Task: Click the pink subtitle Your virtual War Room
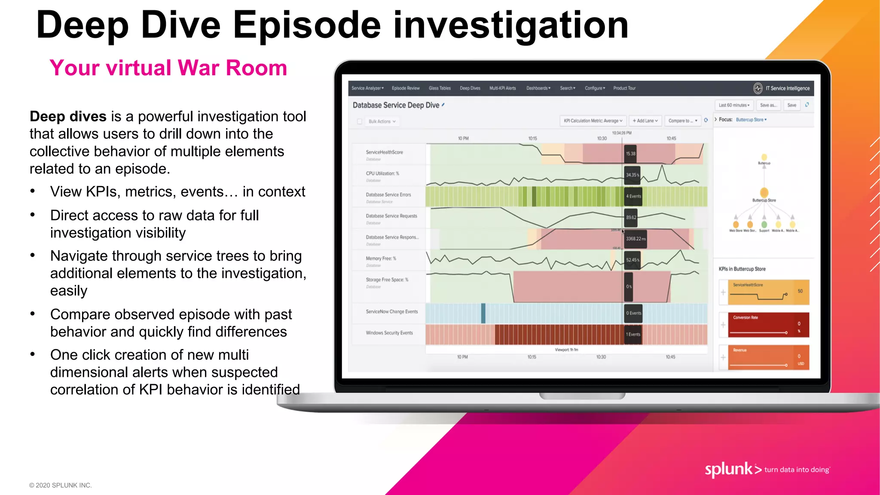click(168, 68)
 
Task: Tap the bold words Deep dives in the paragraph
click(68, 116)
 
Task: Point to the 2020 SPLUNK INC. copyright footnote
click(60, 485)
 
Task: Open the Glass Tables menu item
click(439, 88)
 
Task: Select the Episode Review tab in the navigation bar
click(405, 88)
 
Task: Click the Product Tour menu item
click(624, 88)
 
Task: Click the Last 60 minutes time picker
click(734, 105)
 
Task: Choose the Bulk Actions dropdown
click(382, 122)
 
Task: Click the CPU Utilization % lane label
click(382, 174)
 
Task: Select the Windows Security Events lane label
click(389, 333)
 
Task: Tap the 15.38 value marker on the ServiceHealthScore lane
click(630, 154)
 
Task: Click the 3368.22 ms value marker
click(636, 239)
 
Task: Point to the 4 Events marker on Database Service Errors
click(633, 196)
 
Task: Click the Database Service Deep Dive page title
click(395, 105)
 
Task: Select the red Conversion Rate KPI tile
click(768, 325)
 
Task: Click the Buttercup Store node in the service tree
click(764, 193)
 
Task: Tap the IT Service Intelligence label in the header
click(787, 89)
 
